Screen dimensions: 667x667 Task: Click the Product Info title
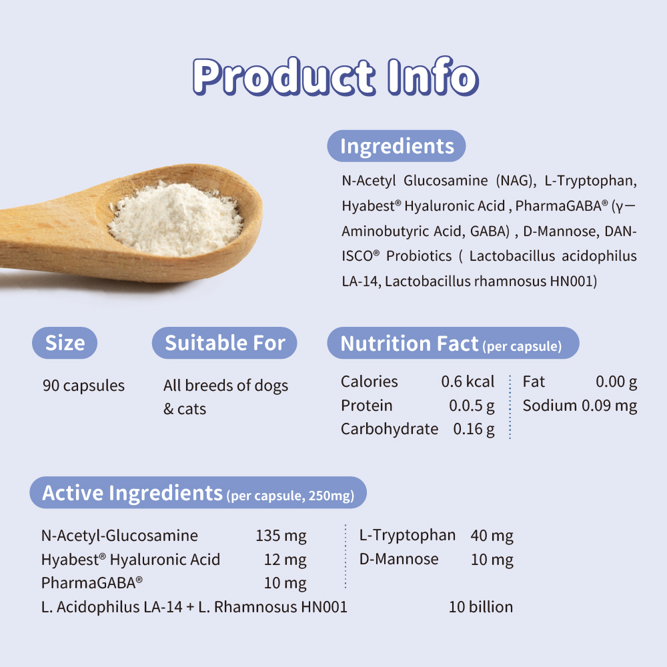336,77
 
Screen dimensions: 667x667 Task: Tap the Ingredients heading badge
396,146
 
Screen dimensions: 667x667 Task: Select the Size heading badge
65,343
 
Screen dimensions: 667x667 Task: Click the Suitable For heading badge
225,343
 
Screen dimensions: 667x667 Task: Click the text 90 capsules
83,386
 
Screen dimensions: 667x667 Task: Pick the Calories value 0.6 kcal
468,382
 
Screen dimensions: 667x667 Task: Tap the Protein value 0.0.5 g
472,406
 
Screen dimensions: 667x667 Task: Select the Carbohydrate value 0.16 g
474,429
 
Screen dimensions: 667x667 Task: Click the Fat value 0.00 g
616,382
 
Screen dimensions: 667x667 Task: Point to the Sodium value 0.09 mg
609,406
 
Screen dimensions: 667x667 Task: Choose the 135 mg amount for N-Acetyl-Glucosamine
281,536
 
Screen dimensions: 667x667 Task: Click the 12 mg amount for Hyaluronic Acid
285,560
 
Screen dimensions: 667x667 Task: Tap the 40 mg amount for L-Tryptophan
492,536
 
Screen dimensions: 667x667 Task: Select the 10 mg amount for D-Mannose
492,560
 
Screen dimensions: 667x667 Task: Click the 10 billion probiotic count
481,607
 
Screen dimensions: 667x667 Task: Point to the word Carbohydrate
390,429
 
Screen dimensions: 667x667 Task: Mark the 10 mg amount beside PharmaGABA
285,583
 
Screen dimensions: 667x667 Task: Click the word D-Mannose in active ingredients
399,559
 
